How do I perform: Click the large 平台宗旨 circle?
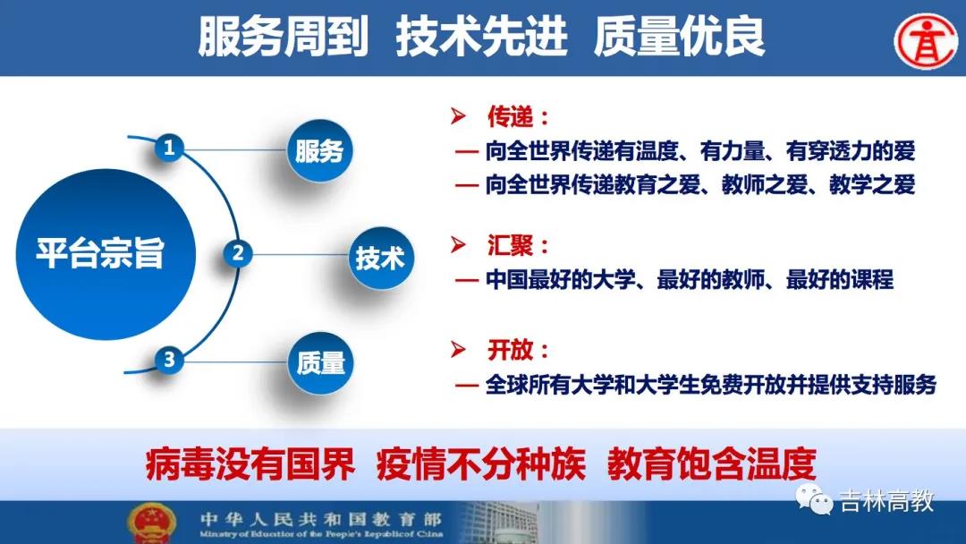click(106, 254)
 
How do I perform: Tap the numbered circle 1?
click(169, 148)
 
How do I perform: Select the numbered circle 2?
click(238, 253)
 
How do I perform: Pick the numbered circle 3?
click(169, 359)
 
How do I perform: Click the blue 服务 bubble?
click(319, 150)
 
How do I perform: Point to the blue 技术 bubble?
click(380, 258)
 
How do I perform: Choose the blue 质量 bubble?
click(320, 363)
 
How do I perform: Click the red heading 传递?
click(510, 115)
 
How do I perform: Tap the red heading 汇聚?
click(510, 245)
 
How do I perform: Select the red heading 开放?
click(510, 350)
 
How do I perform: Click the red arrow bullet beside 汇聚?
click(458, 244)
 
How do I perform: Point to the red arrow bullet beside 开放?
click(458, 349)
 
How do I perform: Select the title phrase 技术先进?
click(481, 37)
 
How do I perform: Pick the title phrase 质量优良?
click(679, 37)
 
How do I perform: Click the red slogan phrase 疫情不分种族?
click(481, 463)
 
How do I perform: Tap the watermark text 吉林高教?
click(887, 501)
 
